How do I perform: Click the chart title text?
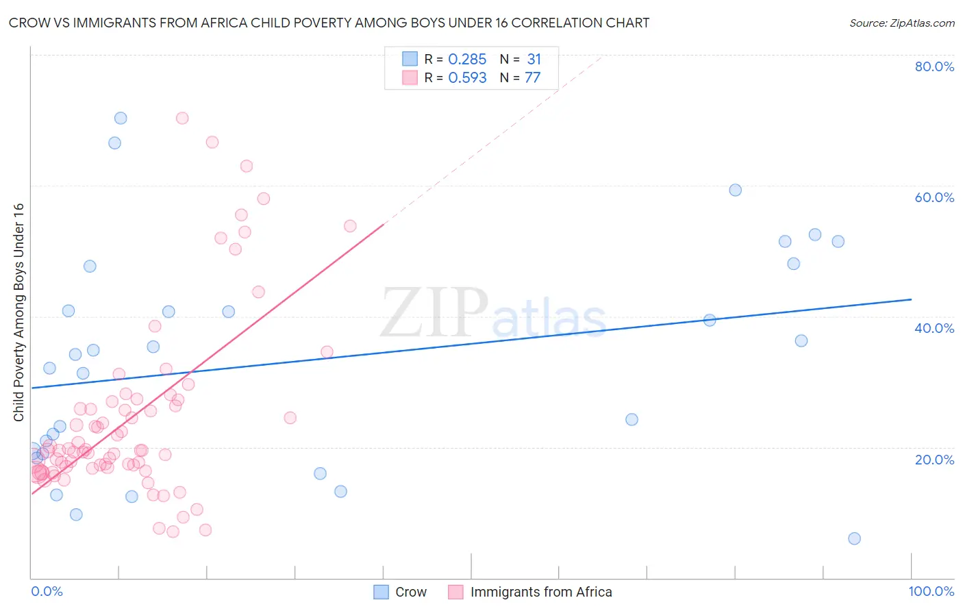(x=329, y=23)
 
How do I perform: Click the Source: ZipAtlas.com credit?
(x=901, y=23)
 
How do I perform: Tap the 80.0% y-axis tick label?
(x=934, y=66)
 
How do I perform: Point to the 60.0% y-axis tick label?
(x=934, y=197)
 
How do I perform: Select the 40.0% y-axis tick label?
(x=934, y=328)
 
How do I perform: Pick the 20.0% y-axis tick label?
(x=934, y=460)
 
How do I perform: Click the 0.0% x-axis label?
(x=47, y=591)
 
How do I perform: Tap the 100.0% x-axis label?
(x=931, y=591)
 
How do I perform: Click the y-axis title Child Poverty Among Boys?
(x=19, y=312)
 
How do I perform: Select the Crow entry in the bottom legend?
(x=410, y=592)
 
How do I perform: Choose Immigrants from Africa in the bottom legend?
(x=540, y=592)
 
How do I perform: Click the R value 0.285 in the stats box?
(x=467, y=60)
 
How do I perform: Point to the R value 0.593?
(x=467, y=78)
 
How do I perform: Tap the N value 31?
(x=534, y=60)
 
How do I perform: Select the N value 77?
(x=532, y=78)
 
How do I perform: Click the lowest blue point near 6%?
(x=854, y=538)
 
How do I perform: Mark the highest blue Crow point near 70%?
(x=121, y=118)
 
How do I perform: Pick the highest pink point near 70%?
(x=182, y=118)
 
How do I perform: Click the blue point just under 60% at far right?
(x=735, y=190)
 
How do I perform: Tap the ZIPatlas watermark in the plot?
(x=493, y=314)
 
